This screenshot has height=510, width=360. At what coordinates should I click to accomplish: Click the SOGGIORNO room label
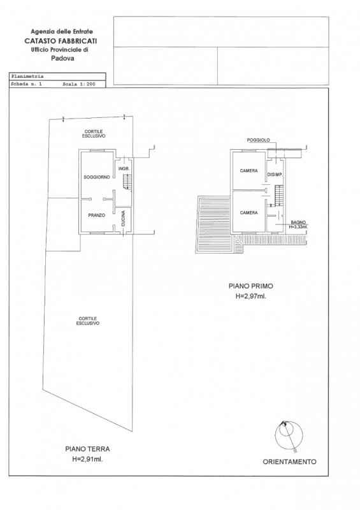pos(97,177)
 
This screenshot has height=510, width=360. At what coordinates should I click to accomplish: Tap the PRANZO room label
pos(97,215)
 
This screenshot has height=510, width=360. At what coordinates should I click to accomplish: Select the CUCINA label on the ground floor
pos(123,219)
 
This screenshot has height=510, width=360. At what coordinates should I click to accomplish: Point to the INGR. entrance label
pos(124,169)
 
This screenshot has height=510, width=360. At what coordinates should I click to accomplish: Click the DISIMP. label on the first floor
pos(275,175)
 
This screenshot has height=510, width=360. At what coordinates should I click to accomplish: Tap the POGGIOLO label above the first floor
pos(259,140)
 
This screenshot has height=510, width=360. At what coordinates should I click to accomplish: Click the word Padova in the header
pos(62,58)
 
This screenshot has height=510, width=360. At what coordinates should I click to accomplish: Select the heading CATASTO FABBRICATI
pos(61,41)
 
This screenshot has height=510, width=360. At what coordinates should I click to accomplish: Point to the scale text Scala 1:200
pos(79,84)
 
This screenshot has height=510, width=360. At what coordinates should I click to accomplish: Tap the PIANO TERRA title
pos(87,449)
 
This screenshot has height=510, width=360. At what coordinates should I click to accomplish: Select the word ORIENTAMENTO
pos(289,462)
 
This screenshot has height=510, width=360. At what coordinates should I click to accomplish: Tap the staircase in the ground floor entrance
pos(127,181)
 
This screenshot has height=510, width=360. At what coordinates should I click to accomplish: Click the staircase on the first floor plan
pos(278,195)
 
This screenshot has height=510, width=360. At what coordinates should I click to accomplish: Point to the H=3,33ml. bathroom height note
pos(299,227)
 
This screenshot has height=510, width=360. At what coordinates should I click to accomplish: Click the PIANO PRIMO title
pos(251,286)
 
